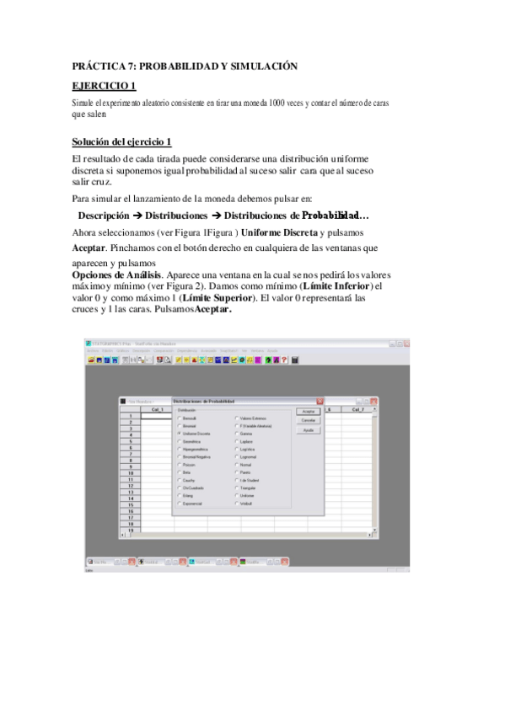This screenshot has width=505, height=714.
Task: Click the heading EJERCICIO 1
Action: [104, 85]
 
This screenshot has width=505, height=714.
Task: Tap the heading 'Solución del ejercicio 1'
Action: [121, 141]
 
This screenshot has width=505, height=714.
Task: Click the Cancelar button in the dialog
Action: [308, 419]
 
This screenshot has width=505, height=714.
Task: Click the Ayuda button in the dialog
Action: [308, 429]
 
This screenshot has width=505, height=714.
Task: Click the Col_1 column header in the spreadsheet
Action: [157, 409]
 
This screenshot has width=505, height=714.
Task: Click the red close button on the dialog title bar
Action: [320, 401]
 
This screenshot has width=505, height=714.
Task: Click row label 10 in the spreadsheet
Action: [131, 473]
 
